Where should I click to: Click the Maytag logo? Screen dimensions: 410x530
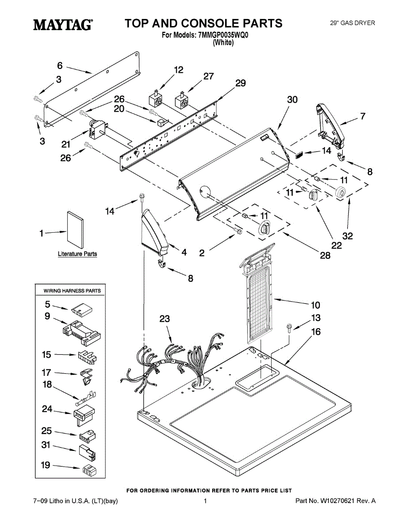63,25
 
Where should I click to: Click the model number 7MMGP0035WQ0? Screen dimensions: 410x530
223,35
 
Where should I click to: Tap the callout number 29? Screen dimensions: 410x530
240,83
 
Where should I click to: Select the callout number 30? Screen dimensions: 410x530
292,99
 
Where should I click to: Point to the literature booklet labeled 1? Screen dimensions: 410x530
75,230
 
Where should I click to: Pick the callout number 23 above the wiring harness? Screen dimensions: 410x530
165,318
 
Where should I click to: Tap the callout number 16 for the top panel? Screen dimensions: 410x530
316,332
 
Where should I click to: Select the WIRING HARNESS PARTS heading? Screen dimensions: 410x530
72,291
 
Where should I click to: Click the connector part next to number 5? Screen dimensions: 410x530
82,309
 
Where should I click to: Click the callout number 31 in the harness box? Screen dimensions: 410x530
46,445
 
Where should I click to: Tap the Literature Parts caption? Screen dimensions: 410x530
77,254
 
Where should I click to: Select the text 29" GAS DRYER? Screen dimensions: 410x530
353,23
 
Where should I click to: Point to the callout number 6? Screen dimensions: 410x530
60,65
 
